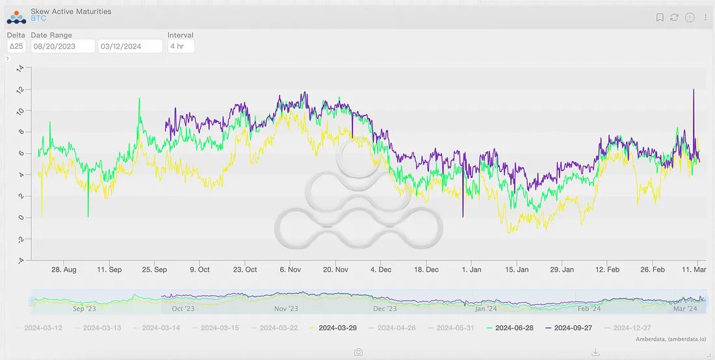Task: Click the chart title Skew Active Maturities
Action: pos(71,11)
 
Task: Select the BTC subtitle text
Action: pos(38,18)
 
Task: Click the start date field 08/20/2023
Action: pos(62,46)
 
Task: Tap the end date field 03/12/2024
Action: pos(130,46)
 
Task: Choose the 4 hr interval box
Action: pos(180,46)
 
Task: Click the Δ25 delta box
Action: pos(16,46)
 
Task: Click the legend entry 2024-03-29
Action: pos(337,328)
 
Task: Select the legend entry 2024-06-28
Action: pos(513,328)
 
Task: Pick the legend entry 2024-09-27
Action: pos(573,328)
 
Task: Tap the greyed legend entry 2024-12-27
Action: pos(632,328)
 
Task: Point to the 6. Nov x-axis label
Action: pos(289,270)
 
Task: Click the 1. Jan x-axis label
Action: pos(471,270)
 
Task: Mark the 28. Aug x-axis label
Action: pos(64,270)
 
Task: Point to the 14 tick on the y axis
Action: pos(20,68)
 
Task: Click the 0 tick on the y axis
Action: pos(21,218)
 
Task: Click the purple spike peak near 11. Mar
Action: pos(694,90)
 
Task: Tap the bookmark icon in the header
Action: pos(660,18)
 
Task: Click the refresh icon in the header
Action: pos(675,18)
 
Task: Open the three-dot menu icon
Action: pos(705,18)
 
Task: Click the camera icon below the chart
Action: pos(358,352)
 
